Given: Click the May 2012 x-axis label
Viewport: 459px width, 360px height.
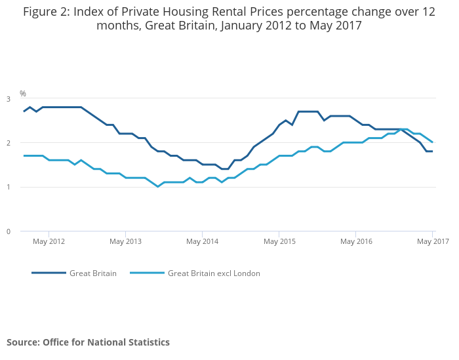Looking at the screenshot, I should tap(49, 241).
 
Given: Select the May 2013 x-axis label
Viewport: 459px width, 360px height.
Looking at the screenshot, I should tap(125, 241).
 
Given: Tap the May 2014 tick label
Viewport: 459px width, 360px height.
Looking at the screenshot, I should tap(202, 241).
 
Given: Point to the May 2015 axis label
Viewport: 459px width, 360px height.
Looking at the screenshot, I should tap(279, 241).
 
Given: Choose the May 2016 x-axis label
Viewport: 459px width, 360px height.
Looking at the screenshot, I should tap(355, 241).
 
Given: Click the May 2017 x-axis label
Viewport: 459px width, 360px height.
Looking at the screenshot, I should tap(433, 241).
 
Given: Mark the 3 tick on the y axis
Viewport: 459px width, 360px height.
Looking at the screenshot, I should tap(9, 99).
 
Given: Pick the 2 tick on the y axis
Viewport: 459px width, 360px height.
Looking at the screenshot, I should tap(9, 143).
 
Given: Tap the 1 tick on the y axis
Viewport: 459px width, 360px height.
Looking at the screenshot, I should tap(9, 187).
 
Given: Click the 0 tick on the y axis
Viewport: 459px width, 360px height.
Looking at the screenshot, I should tap(9, 231).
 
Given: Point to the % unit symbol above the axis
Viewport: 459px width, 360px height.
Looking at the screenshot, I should tap(23, 94).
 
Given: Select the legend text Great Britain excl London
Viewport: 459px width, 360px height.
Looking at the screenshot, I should tap(214, 273).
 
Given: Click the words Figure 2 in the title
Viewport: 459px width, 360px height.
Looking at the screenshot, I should tap(47, 12).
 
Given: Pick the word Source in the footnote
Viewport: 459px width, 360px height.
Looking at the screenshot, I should tap(23, 342).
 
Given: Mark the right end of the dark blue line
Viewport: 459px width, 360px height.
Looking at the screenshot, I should tap(432, 151).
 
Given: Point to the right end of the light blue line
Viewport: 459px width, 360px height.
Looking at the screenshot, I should tap(432, 142).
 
